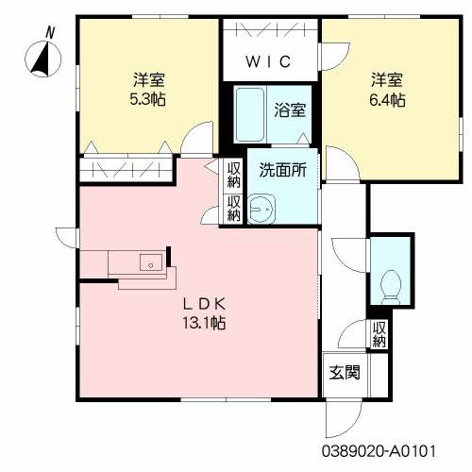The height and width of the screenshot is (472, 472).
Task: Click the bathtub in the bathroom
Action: [251, 114]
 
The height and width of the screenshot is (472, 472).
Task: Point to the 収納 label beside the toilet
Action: [379, 334]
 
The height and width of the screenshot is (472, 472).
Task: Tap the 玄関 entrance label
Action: [344, 372]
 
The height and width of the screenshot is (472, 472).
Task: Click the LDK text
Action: [203, 304]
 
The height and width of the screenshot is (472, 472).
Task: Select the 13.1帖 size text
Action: [203, 323]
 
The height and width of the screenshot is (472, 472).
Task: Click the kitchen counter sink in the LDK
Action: [148, 263]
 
